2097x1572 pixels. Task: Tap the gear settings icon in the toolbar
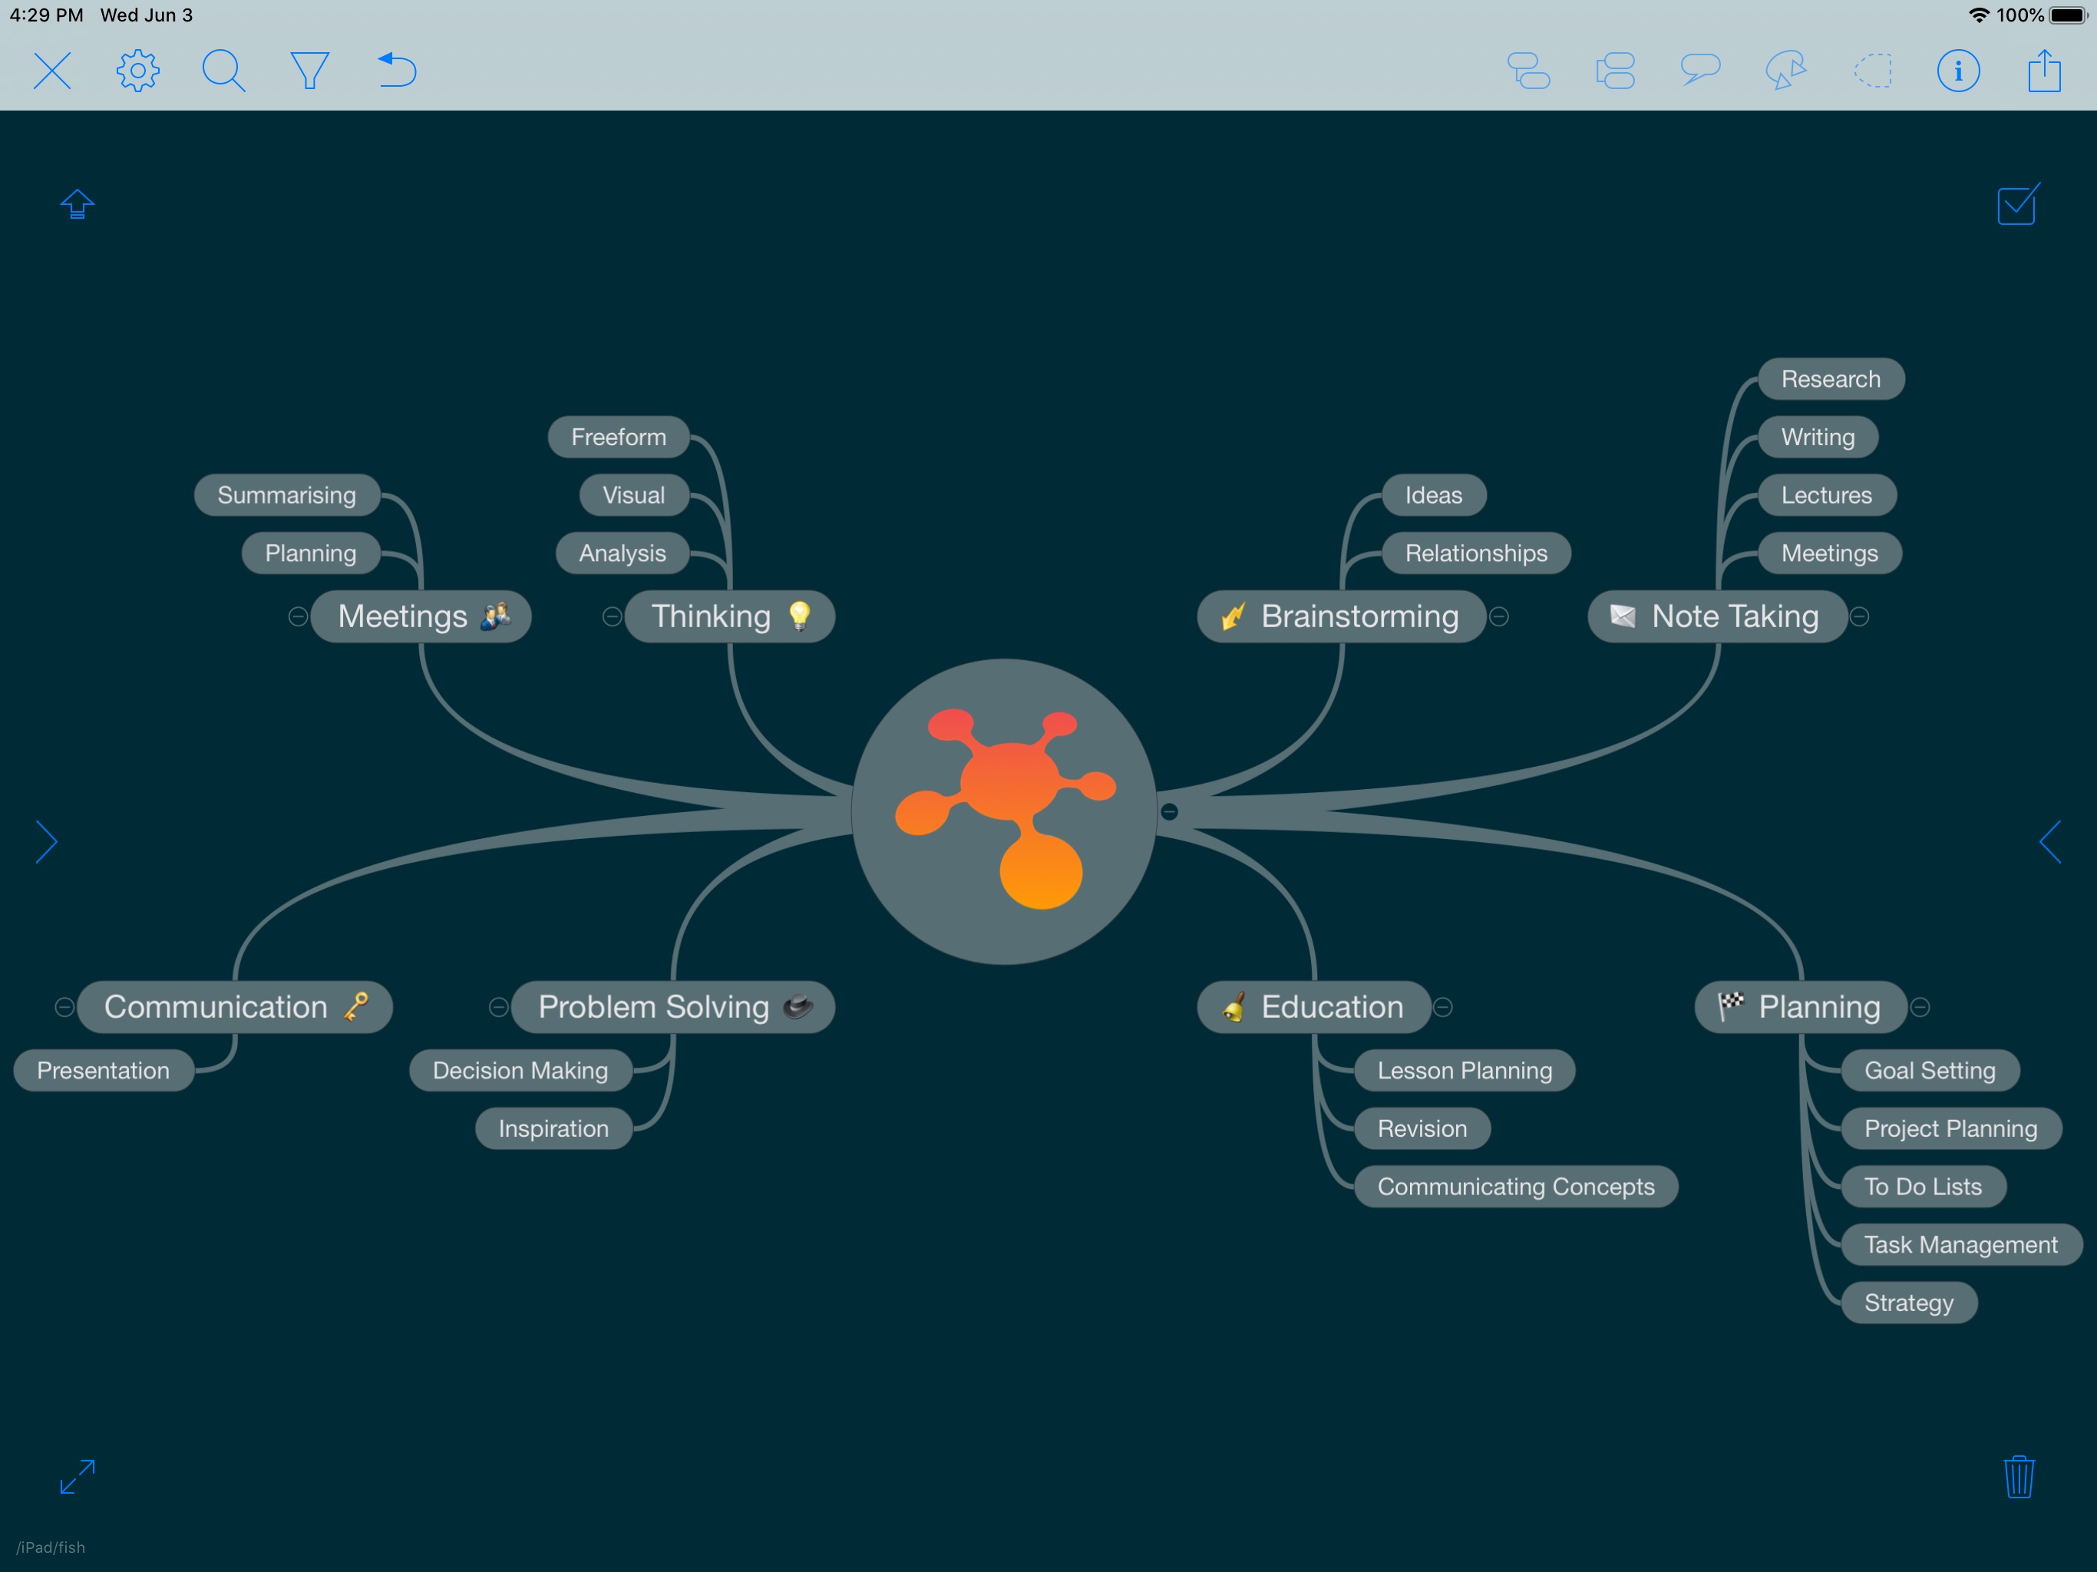(x=138, y=70)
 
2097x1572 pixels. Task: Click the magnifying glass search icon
(x=223, y=70)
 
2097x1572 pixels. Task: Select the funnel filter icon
(x=309, y=70)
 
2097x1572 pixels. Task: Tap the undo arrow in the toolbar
(x=397, y=70)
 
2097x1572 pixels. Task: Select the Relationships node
(x=1476, y=553)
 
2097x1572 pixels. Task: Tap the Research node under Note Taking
(x=1831, y=379)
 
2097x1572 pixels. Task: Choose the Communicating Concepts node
(x=1516, y=1186)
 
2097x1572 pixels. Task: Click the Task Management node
(x=1960, y=1244)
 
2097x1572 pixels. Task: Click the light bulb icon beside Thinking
(x=800, y=616)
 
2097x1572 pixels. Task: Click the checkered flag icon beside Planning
(x=1731, y=1005)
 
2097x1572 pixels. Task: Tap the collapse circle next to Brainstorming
(x=1499, y=616)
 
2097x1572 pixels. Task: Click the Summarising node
(x=287, y=495)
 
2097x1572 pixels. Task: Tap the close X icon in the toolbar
(x=52, y=70)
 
